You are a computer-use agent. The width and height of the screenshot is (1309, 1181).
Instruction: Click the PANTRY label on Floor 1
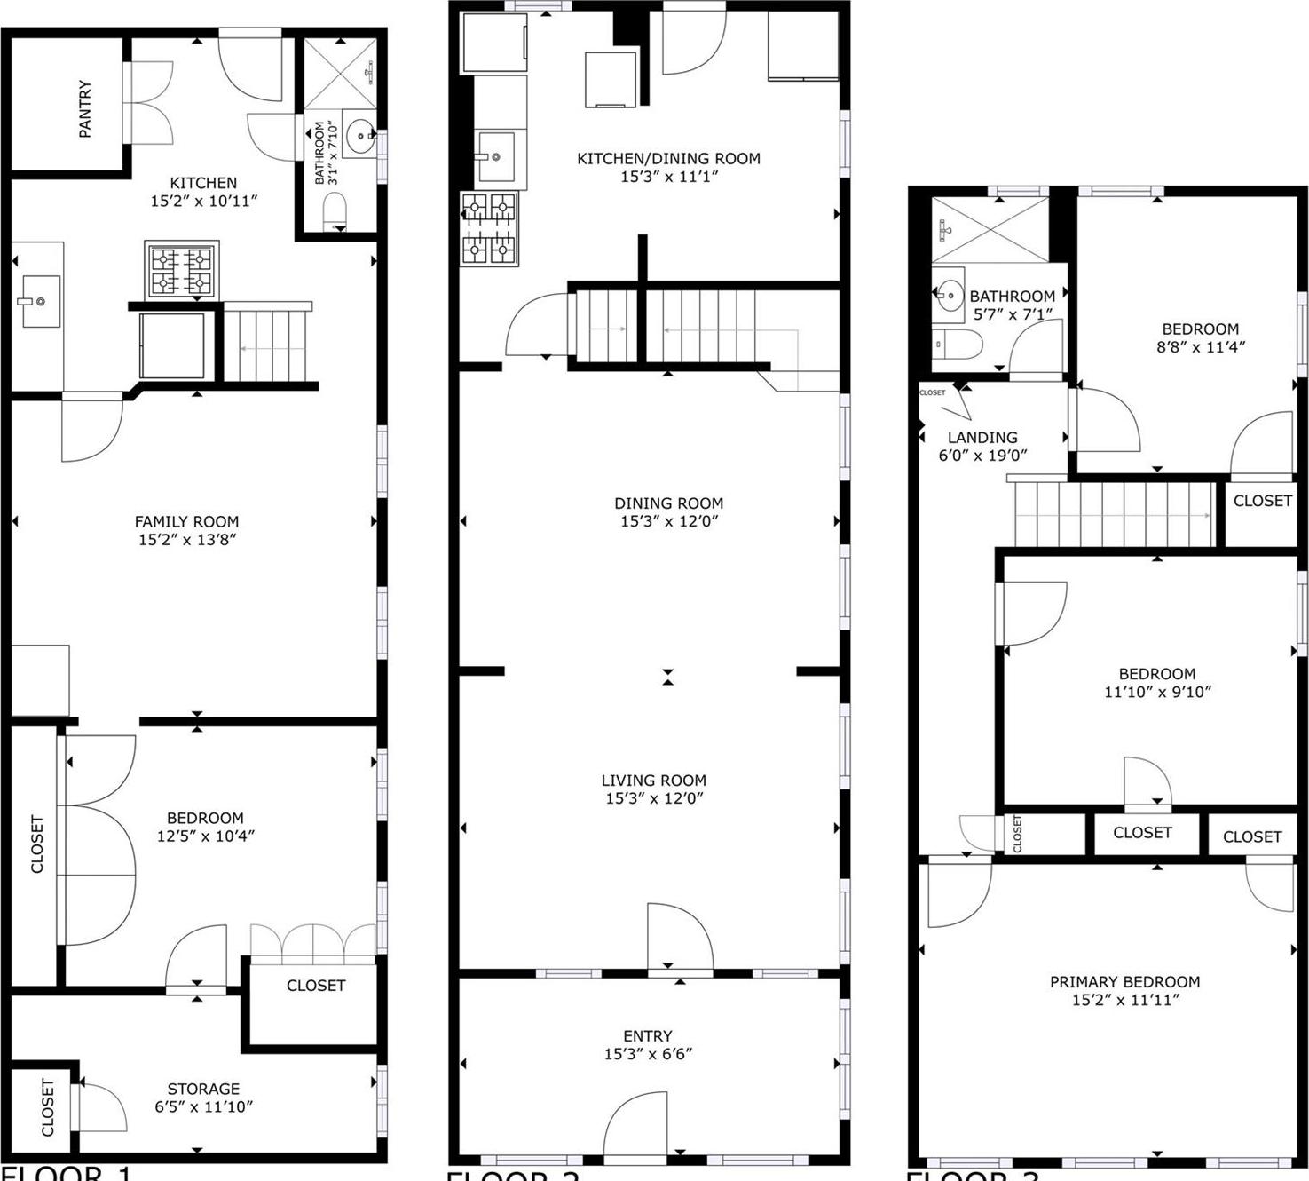(85, 109)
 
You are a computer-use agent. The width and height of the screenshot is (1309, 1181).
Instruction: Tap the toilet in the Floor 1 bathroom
(335, 211)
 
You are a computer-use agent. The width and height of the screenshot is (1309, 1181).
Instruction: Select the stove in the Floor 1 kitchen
(182, 270)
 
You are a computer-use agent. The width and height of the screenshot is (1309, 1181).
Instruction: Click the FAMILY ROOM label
(186, 522)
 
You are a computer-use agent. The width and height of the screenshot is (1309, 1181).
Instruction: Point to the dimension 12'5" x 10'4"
(206, 836)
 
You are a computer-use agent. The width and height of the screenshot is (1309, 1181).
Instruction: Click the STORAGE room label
(203, 1089)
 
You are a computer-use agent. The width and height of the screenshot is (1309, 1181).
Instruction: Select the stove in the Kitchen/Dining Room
(489, 229)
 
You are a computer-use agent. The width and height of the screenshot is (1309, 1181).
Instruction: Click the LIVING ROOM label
(654, 781)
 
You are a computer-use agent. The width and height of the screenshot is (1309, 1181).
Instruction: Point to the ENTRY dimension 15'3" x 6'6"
(648, 1054)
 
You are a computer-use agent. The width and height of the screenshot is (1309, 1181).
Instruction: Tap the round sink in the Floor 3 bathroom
(950, 294)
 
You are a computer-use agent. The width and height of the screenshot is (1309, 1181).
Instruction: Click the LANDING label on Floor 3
(982, 438)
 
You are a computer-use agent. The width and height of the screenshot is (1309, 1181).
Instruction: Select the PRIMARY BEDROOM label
(1124, 982)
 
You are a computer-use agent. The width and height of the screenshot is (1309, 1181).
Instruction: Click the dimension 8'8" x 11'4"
(1200, 347)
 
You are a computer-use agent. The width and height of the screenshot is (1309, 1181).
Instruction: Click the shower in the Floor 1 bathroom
(340, 73)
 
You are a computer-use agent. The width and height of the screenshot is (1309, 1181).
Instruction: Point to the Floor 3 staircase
(1114, 514)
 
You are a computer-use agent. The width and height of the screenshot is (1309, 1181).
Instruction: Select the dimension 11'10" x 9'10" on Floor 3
(1157, 692)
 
